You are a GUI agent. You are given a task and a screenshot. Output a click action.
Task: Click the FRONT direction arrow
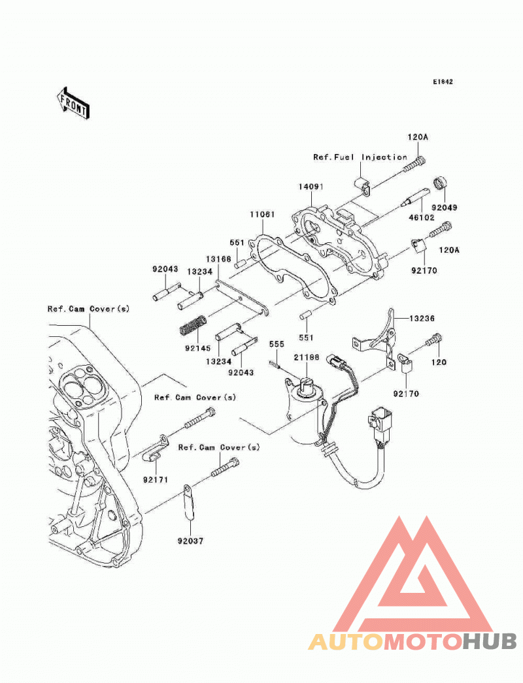[73, 103]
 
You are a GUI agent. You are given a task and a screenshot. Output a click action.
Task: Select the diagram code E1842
[443, 82]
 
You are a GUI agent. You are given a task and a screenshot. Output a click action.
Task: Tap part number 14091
[311, 187]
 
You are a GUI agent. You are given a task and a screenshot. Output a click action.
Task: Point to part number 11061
[262, 214]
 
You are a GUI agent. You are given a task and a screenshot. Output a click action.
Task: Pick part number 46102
[422, 217]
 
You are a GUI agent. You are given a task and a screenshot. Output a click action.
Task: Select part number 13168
[218, 259]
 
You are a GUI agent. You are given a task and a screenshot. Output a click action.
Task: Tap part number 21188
[306, 357]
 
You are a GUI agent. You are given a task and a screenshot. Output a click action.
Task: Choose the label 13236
[422, 319]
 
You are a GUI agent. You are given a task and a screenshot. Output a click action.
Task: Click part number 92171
[156, 479]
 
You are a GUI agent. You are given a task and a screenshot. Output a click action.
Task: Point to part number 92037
[190, 541]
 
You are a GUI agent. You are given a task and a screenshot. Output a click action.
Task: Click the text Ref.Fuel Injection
[360, 157]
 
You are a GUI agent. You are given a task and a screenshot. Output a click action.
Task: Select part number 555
[277, 344]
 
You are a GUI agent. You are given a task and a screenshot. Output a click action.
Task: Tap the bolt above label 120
[435, 340]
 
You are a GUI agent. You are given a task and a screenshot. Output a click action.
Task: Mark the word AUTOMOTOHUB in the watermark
[413, 642]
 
